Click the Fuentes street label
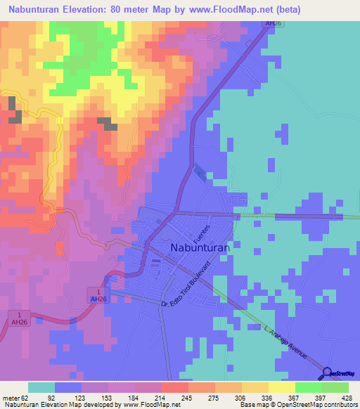(x=204, y=233)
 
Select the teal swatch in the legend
(x=41, y=387)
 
